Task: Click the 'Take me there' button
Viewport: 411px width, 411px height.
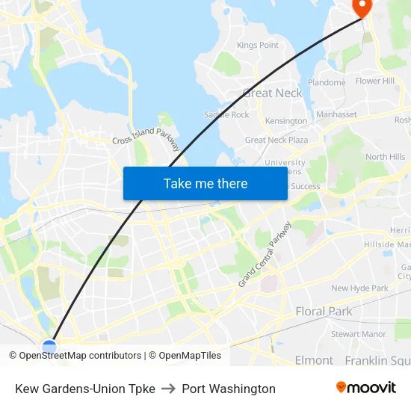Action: (205, 183)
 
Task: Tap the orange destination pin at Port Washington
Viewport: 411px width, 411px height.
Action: (362, 7)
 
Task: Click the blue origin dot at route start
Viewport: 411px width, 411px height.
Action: (49, 347)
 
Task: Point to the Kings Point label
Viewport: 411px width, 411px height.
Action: (258, 45)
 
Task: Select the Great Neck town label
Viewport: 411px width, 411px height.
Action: (273, 93)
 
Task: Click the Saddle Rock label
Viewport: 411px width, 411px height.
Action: (226, 115)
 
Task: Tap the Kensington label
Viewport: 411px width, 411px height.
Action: (286, 121)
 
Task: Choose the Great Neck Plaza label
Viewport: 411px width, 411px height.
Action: (276, 140)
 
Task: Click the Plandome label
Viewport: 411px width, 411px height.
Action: (326, 83)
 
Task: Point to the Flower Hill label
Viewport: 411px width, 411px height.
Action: (375, 81)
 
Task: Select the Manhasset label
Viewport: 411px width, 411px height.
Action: (336, 114)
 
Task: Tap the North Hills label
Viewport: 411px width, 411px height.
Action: (386, 157)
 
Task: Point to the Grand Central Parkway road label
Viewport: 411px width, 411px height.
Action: (265, 254)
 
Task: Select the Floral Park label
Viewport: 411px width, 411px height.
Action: (324, 311)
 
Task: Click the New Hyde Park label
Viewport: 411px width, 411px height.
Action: (359, 288)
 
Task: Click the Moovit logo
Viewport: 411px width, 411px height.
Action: (365, 388)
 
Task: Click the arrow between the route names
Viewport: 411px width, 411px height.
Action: (168, 389)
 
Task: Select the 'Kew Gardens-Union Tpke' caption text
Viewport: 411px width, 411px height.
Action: (85, 389)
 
